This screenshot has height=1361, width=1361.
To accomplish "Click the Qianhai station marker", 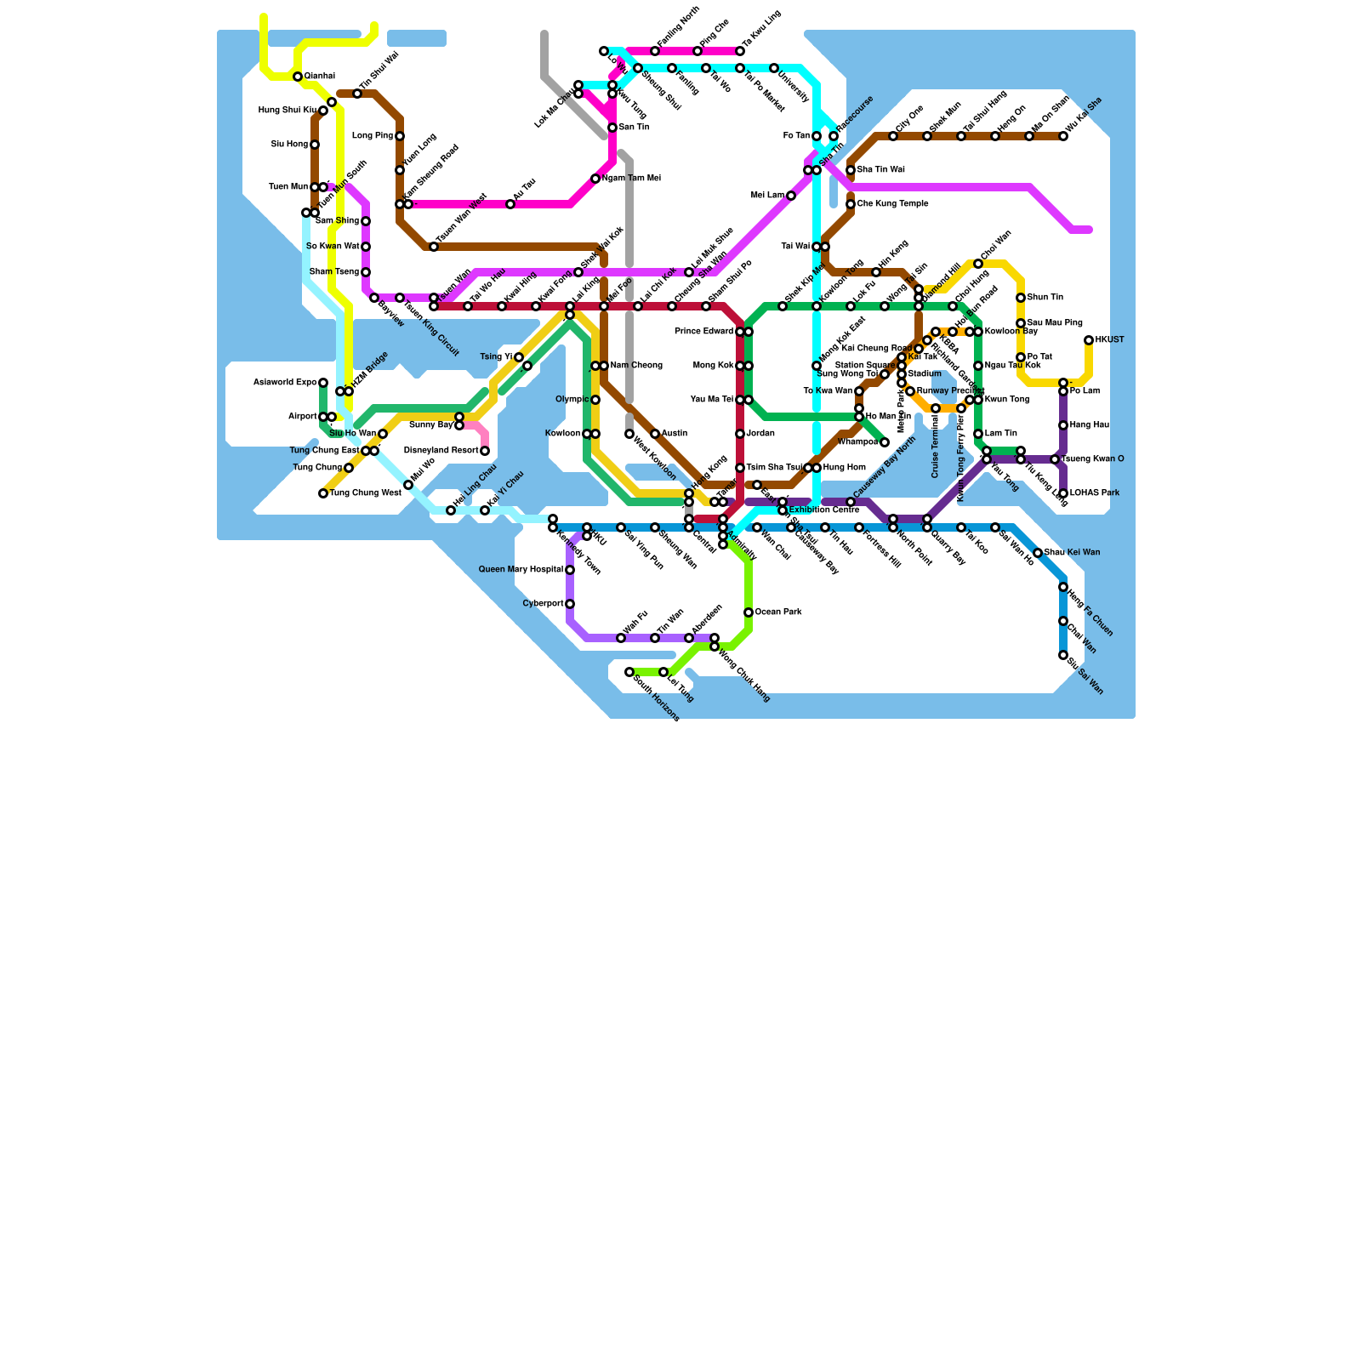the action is tap(298, 77).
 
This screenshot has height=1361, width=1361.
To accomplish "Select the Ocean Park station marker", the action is tap(749, 612).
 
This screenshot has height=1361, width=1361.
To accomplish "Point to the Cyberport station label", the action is tap(543, 604).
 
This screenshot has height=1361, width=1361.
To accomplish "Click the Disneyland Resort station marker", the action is tap(485, 451).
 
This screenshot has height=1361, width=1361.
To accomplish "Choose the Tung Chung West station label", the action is tap(366, 493).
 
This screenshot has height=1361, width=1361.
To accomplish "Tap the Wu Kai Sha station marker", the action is tap(1063, 136).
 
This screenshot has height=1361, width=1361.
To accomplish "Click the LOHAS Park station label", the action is tap(1095, 493).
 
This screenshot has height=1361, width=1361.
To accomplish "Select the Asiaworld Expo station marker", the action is tap(323, 383).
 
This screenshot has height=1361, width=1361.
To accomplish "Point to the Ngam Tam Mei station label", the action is tap(631, 179).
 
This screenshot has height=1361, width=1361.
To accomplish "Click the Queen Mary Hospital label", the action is tap(521, 570).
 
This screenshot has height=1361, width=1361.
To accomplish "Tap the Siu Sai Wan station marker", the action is tap(1063, 655).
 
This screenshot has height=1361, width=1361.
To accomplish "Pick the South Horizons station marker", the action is tap(629, 672).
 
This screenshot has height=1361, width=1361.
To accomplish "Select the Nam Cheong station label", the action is tap(636, 366).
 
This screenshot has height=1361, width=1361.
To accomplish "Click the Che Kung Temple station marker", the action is tap(851, 204).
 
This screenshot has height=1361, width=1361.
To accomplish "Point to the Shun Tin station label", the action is tap(1045, 298).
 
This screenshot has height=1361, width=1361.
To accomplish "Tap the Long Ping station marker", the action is tap(400, 136).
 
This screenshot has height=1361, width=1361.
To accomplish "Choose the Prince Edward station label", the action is tap(703, 332).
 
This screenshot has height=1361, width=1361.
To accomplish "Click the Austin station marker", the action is tap(655, 434).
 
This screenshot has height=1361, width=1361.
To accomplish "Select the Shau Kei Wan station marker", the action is tap(1038, 553).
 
